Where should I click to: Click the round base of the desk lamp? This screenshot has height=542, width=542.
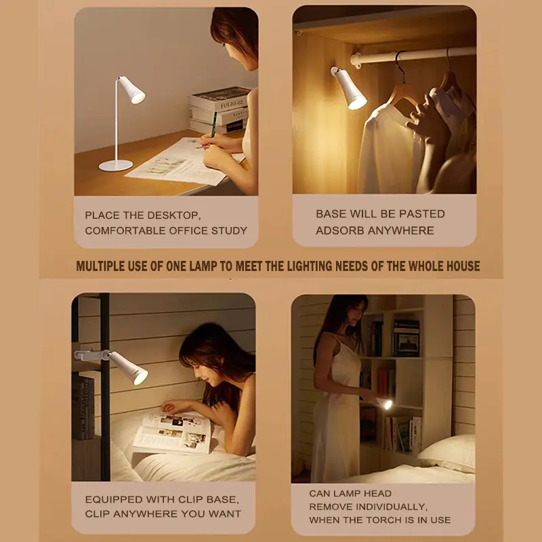(x=115, y=165)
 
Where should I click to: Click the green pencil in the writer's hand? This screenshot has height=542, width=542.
(x=213, y=125)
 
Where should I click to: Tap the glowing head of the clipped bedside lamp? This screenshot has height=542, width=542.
(x=129, y=369)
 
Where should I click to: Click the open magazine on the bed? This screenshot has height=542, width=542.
(x=173, y=432)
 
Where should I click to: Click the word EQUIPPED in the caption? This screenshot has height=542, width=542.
(x=114, y=499)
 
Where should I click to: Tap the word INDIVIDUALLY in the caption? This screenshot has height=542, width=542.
(x=392, y=507)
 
